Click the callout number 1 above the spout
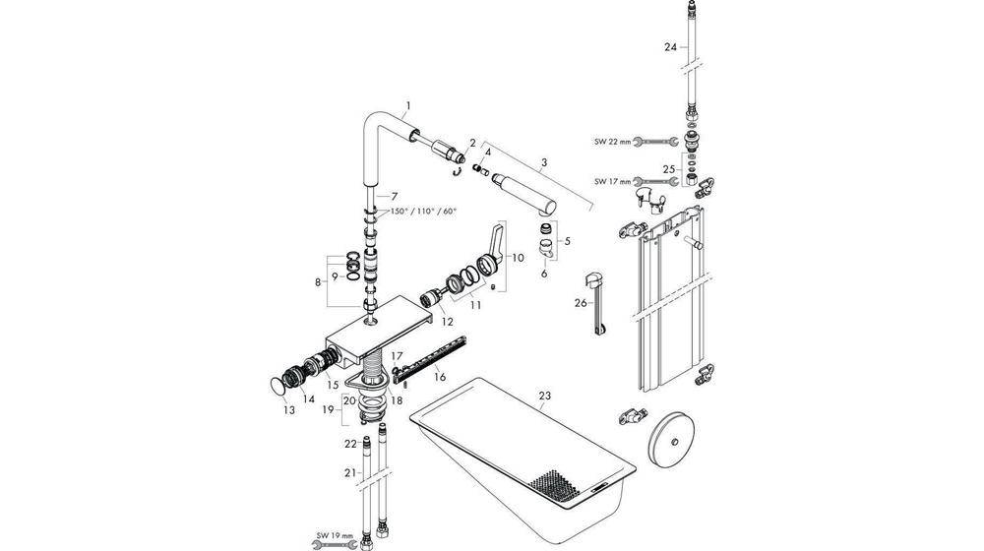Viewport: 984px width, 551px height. tap(408, 104)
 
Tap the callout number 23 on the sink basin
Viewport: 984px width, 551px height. tap(544, 396)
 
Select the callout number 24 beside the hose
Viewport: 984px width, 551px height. tap(670, 46)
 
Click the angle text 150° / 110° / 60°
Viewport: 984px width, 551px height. tap(424, 211)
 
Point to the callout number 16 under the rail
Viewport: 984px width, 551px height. tap(439, 376)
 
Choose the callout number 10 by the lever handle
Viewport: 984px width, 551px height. tap(518, 257)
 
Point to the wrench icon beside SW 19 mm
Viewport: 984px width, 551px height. tap(324, 543)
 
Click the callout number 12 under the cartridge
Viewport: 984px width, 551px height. tap(446, 322)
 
